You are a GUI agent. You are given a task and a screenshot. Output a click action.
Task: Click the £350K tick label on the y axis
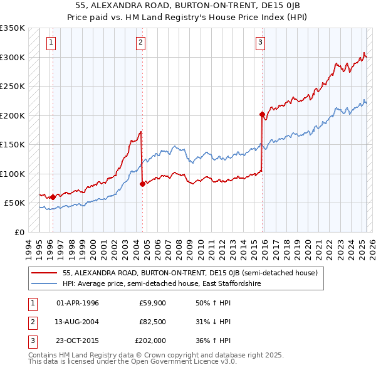click(13, 28)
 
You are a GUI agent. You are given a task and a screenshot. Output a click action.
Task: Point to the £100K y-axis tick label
click(13, 174)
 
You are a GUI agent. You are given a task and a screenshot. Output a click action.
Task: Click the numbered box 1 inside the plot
click(51, 43)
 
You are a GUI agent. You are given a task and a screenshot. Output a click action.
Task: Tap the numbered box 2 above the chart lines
click(140, 43)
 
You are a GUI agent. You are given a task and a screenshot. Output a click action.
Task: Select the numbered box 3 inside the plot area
click(260, 43)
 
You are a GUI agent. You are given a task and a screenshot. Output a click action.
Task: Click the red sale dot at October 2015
click(262, 114)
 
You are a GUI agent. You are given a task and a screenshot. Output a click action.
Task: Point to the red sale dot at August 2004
click(143, 184)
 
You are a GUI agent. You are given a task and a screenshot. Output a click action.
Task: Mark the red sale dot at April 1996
click(53, 197)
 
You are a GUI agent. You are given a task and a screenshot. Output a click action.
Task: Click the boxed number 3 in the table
click(31, 341)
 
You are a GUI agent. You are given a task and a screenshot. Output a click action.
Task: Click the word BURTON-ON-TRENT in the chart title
click(170, 5)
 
